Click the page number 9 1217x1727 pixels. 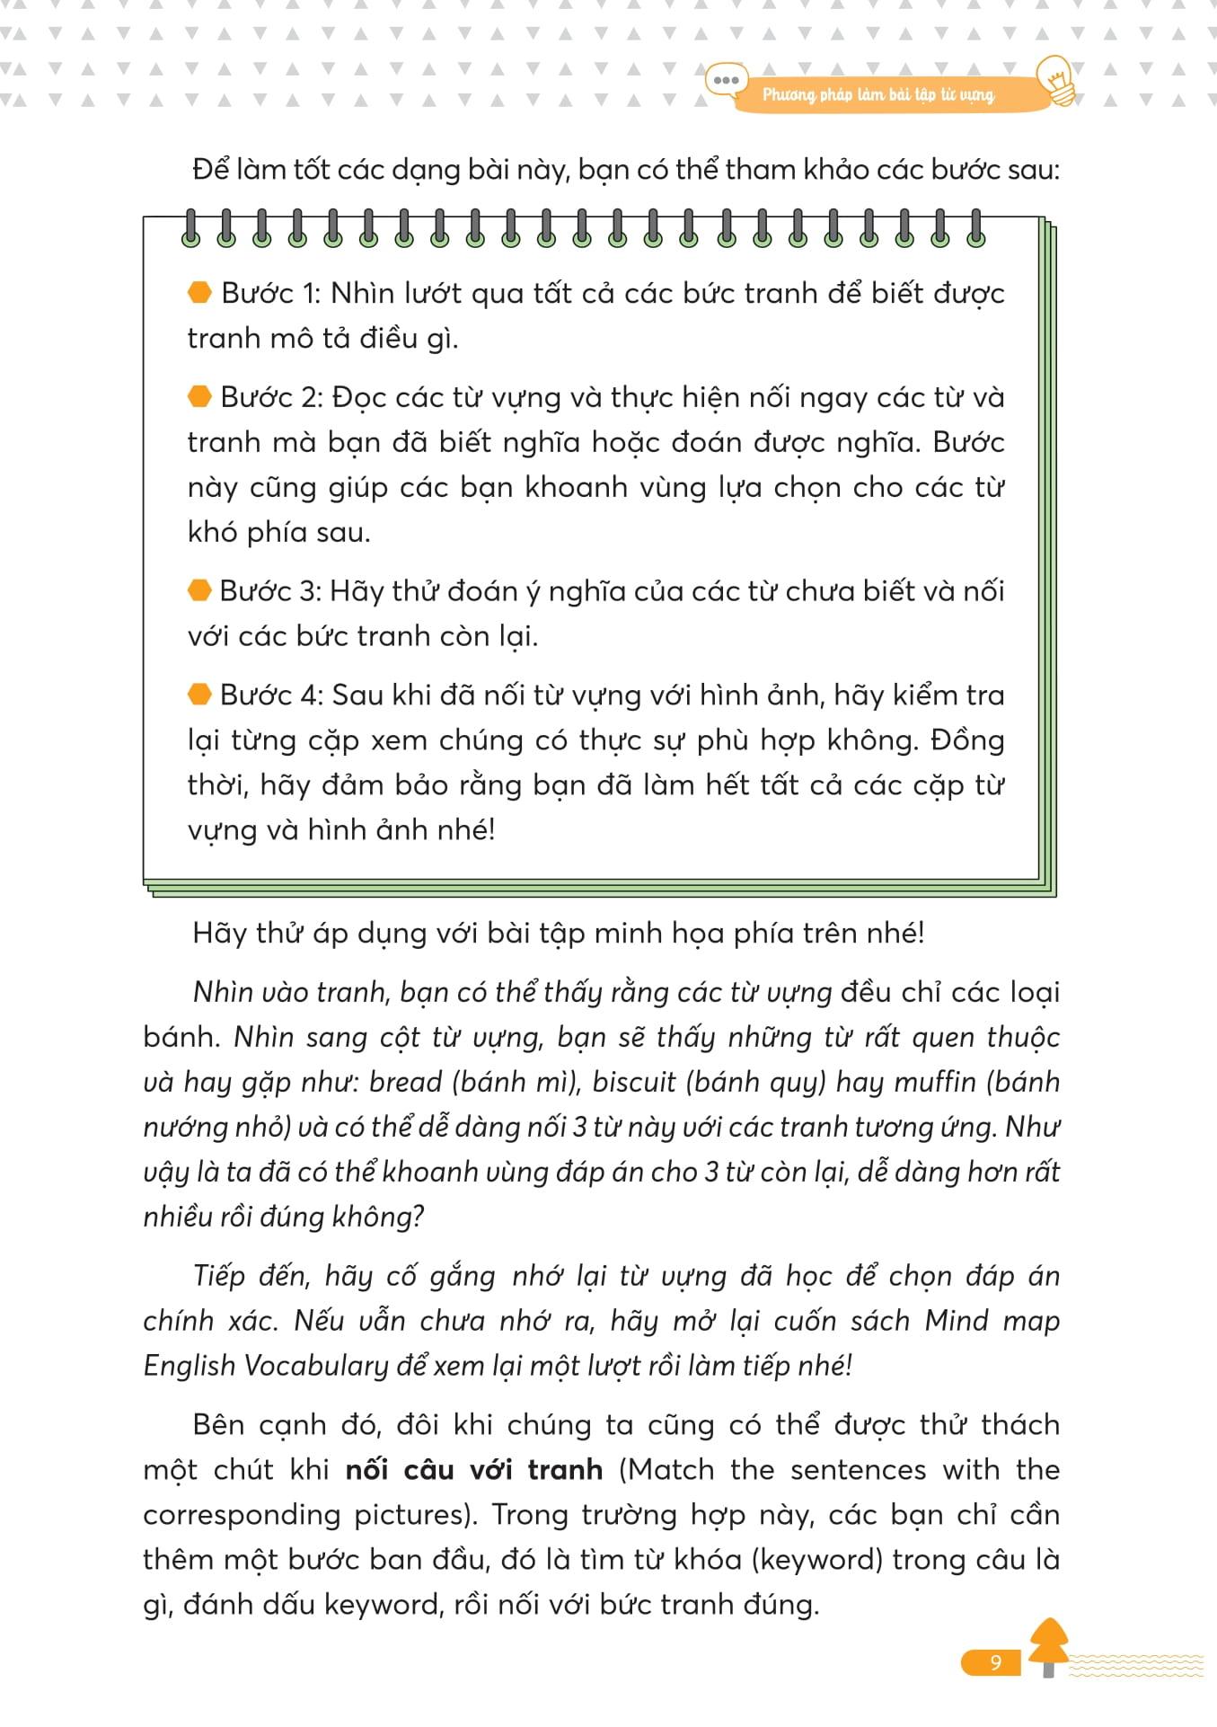[x=994, y=1662]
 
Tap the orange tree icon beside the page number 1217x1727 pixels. [x=1048, y=1646]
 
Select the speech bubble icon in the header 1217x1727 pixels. [x=725, y=81]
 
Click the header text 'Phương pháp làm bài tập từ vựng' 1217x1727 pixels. [x=877, y=94]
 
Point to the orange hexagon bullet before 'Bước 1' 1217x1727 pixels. [x=199, y=292]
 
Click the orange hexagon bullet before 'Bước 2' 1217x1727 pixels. [x=199, y=396]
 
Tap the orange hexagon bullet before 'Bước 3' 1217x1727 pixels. [x=199, y=590]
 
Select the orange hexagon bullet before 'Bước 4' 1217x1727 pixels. [x=199, y=695]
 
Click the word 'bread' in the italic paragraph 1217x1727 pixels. [x=406, y=1082]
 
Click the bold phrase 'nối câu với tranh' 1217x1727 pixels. [x=474, y=1470]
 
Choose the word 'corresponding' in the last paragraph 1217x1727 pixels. [x=240, y=1515]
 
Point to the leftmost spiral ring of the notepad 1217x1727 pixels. [x=190, y=228]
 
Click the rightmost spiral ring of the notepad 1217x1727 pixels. [x=976, y=228]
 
